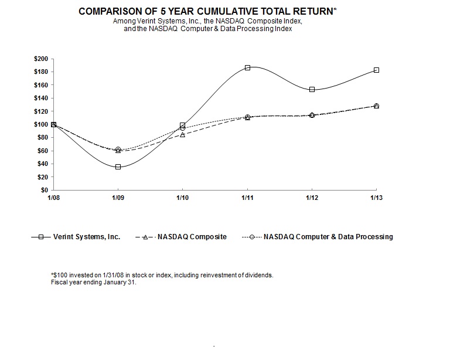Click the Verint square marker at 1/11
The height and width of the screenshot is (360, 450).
coord(247,68)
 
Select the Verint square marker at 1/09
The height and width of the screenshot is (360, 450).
coord(118,167)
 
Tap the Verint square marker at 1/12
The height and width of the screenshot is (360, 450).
coord(312,89)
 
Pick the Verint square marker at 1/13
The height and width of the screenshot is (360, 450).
coord(376,70)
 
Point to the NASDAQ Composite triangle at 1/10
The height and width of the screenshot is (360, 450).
coord(183,135)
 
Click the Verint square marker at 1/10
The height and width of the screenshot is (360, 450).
coord(183,125)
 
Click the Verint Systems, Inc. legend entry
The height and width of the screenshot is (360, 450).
coord(86,237)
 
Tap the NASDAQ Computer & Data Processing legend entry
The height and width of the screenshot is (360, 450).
coord(328,237)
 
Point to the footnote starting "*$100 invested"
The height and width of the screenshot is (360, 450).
coord(162,275)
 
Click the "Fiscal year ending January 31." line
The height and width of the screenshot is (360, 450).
coord(94,282)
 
